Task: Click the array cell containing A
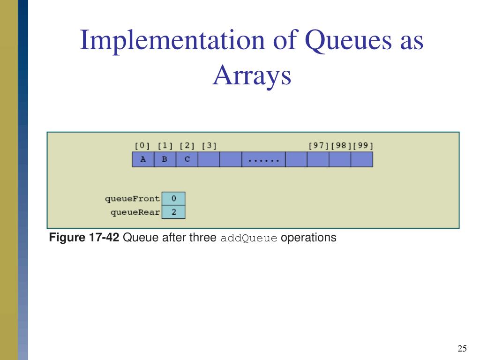[x=143, y=159]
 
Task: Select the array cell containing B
[x=165, y=159]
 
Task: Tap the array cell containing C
[x=187, y=159]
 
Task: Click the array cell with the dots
[x=263, y=159]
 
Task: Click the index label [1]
[x=165, y=145]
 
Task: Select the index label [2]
[x=187, y=145]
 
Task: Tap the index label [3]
[x=209, y=145]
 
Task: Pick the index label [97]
[x=319, y=145]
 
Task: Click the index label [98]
[x=341, y=145]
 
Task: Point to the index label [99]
[x=363, y=145]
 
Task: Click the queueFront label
[x=132, y=199]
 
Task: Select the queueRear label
[x=135, y=212]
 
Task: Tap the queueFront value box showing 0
[x=173, y=199]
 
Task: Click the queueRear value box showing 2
[x=173, y=212]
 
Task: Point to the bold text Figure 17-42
[x=84, y=238]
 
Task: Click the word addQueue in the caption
[x=249, y=238]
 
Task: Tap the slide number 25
[x=462, y=348]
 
